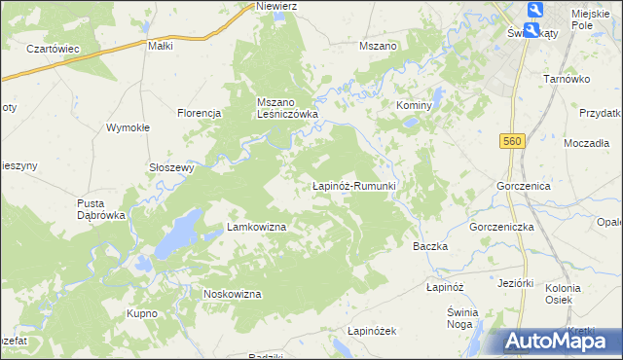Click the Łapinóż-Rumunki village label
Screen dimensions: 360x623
351,185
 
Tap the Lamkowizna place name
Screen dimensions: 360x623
256,227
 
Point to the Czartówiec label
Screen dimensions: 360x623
53,49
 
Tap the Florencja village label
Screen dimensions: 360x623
200,113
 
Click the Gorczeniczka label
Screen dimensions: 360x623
502,226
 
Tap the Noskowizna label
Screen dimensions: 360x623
232,294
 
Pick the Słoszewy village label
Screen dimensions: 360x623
172,166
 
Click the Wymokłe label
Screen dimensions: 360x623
128,127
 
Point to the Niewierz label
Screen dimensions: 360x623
275,6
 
